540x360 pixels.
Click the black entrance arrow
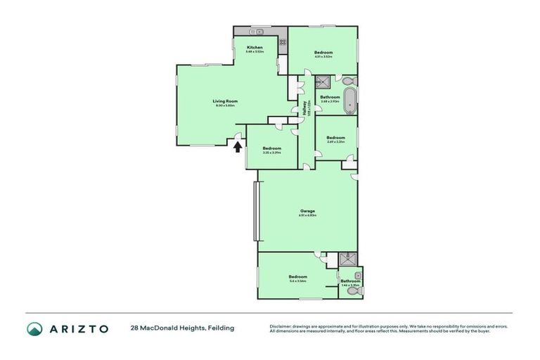click(238, 146)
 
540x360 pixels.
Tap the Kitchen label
click(255, 47)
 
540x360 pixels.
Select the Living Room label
click(226, 101)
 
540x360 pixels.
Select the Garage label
click(307, 210)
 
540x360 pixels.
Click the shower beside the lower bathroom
click(347, 259)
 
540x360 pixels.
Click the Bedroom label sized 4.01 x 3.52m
click(323, 53)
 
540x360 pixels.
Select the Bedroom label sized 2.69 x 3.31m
click(336, 137)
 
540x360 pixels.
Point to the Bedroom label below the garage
click(297, 277)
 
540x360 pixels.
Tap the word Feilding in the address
click(220, 328)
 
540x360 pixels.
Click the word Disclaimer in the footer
click(283, 326)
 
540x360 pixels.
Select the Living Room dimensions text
click(226, 106)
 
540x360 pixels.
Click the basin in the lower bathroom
click(359, 274)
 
